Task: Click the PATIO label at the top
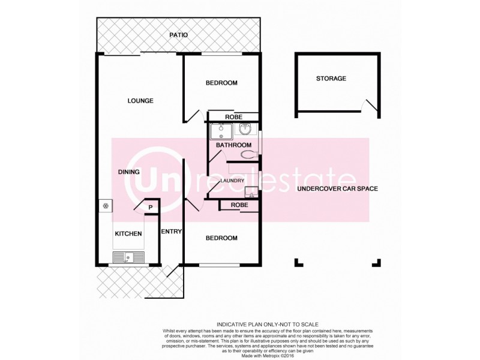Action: [x=178, y=35]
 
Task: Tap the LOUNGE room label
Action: [x=140, y=101]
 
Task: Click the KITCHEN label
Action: [x=128, y=233]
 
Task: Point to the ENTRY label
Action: [x=171, y=231]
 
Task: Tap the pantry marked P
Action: [x=151, y=208]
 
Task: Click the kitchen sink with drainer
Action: [x=128, y=257]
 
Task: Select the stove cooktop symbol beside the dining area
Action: [x=106, y=206]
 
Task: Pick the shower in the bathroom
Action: [x=221, y=131]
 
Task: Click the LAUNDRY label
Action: [x=231, y=181]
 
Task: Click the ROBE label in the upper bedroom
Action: [x=233, y=117]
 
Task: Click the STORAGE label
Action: [x=331, y=79]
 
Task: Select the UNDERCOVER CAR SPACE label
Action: [x=336, y=189]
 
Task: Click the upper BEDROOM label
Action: [x=221, y=83]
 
